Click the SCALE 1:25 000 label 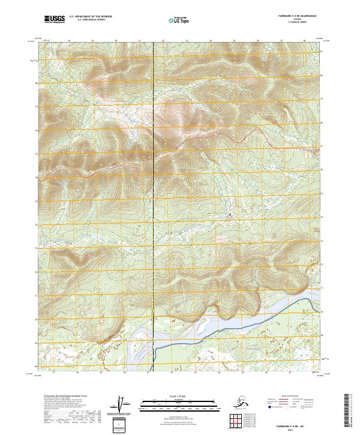(x=179, y=396)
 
